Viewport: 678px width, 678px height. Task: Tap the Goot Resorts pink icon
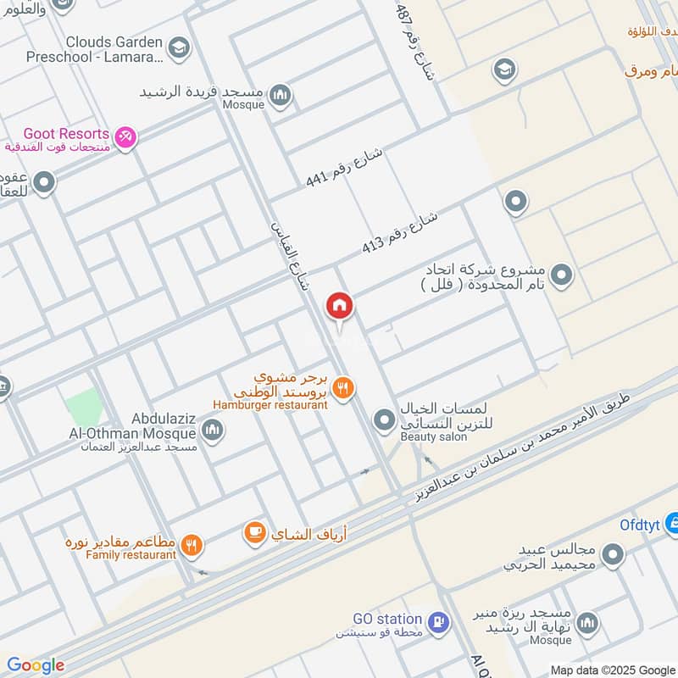(125, 136)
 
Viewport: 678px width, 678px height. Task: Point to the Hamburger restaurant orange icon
(343, 388)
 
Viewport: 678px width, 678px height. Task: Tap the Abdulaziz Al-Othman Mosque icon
(213, 431)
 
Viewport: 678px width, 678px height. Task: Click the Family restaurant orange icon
(192, 546)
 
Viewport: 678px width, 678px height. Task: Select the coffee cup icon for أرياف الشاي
(253, 532)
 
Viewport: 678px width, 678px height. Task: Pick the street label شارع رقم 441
(344, 167)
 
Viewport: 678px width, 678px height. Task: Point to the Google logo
(35, 665)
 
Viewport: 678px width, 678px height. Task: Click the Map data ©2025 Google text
(612, 670)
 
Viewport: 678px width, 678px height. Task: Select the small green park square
(83, 407)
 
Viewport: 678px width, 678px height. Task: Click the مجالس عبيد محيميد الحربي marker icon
(612, 556)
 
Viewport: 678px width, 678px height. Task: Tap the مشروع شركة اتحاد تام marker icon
(560, 275)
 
